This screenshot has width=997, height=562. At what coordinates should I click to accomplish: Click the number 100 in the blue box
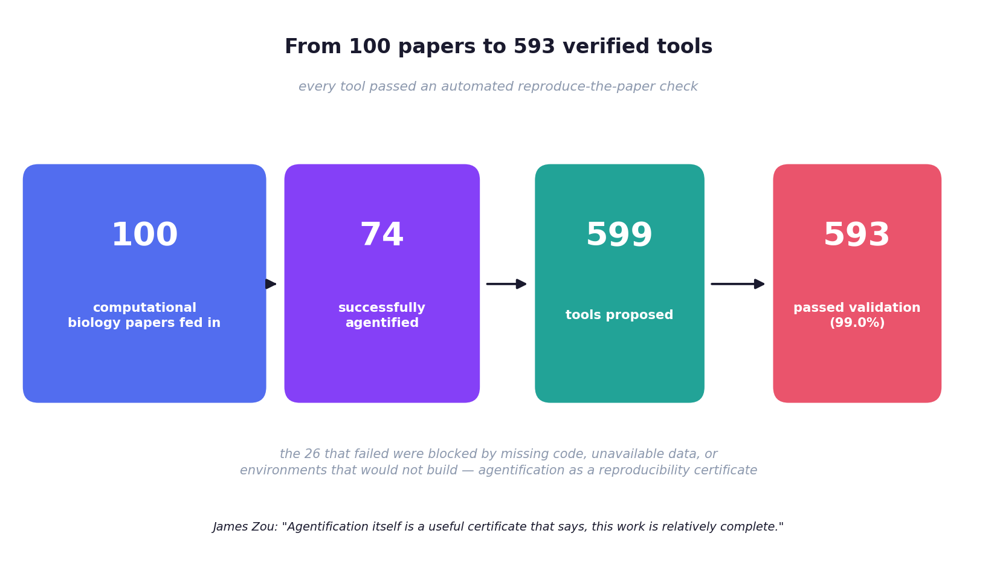click(x=144, y=235)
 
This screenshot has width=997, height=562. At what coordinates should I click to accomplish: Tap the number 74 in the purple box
click(x=382, y=235)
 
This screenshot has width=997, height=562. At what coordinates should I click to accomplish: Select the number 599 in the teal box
click(x=619, y=235)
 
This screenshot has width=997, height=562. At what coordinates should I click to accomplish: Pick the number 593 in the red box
click(x=857, y=235)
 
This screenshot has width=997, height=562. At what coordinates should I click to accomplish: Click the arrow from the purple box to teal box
click(x=506, y=284)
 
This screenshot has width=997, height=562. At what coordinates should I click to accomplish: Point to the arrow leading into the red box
click(x=738, y=284)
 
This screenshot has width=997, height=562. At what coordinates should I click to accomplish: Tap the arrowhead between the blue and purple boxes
click(x=271, y=284)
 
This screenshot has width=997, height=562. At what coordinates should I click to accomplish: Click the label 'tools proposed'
click(x=619, y=315)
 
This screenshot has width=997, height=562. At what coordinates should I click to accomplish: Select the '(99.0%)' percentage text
click(x=857, y=323)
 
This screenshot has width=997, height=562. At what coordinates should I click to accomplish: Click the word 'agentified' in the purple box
click(x=382, y=323)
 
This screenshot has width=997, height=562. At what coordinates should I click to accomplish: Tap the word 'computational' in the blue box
click(x=144, y=308)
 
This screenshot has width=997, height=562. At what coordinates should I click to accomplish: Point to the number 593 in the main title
click(x=534, y=47)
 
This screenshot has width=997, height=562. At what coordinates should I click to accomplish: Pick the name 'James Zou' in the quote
click(x=245, y=527)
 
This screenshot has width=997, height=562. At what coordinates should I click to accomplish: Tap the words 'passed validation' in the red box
click(x=857, y=308)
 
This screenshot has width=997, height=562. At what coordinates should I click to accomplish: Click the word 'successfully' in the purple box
click(x=382, y=308)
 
